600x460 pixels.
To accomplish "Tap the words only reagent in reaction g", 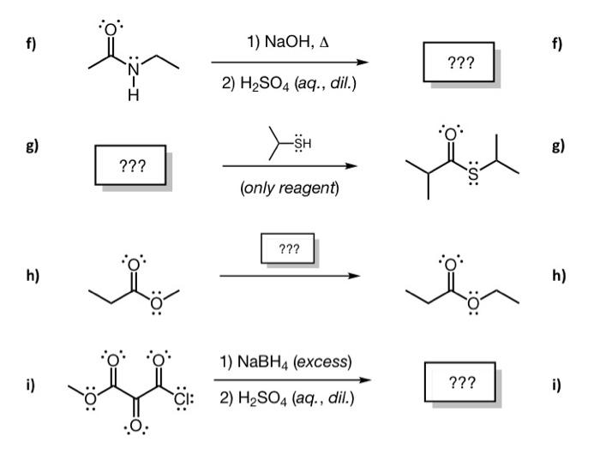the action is [x=291, y=188].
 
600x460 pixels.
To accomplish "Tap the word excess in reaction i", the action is [x=325, y=362].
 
